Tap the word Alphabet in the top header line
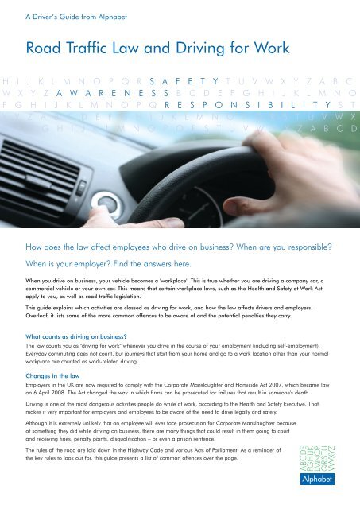pyautogui.click(x=104, y=12)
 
